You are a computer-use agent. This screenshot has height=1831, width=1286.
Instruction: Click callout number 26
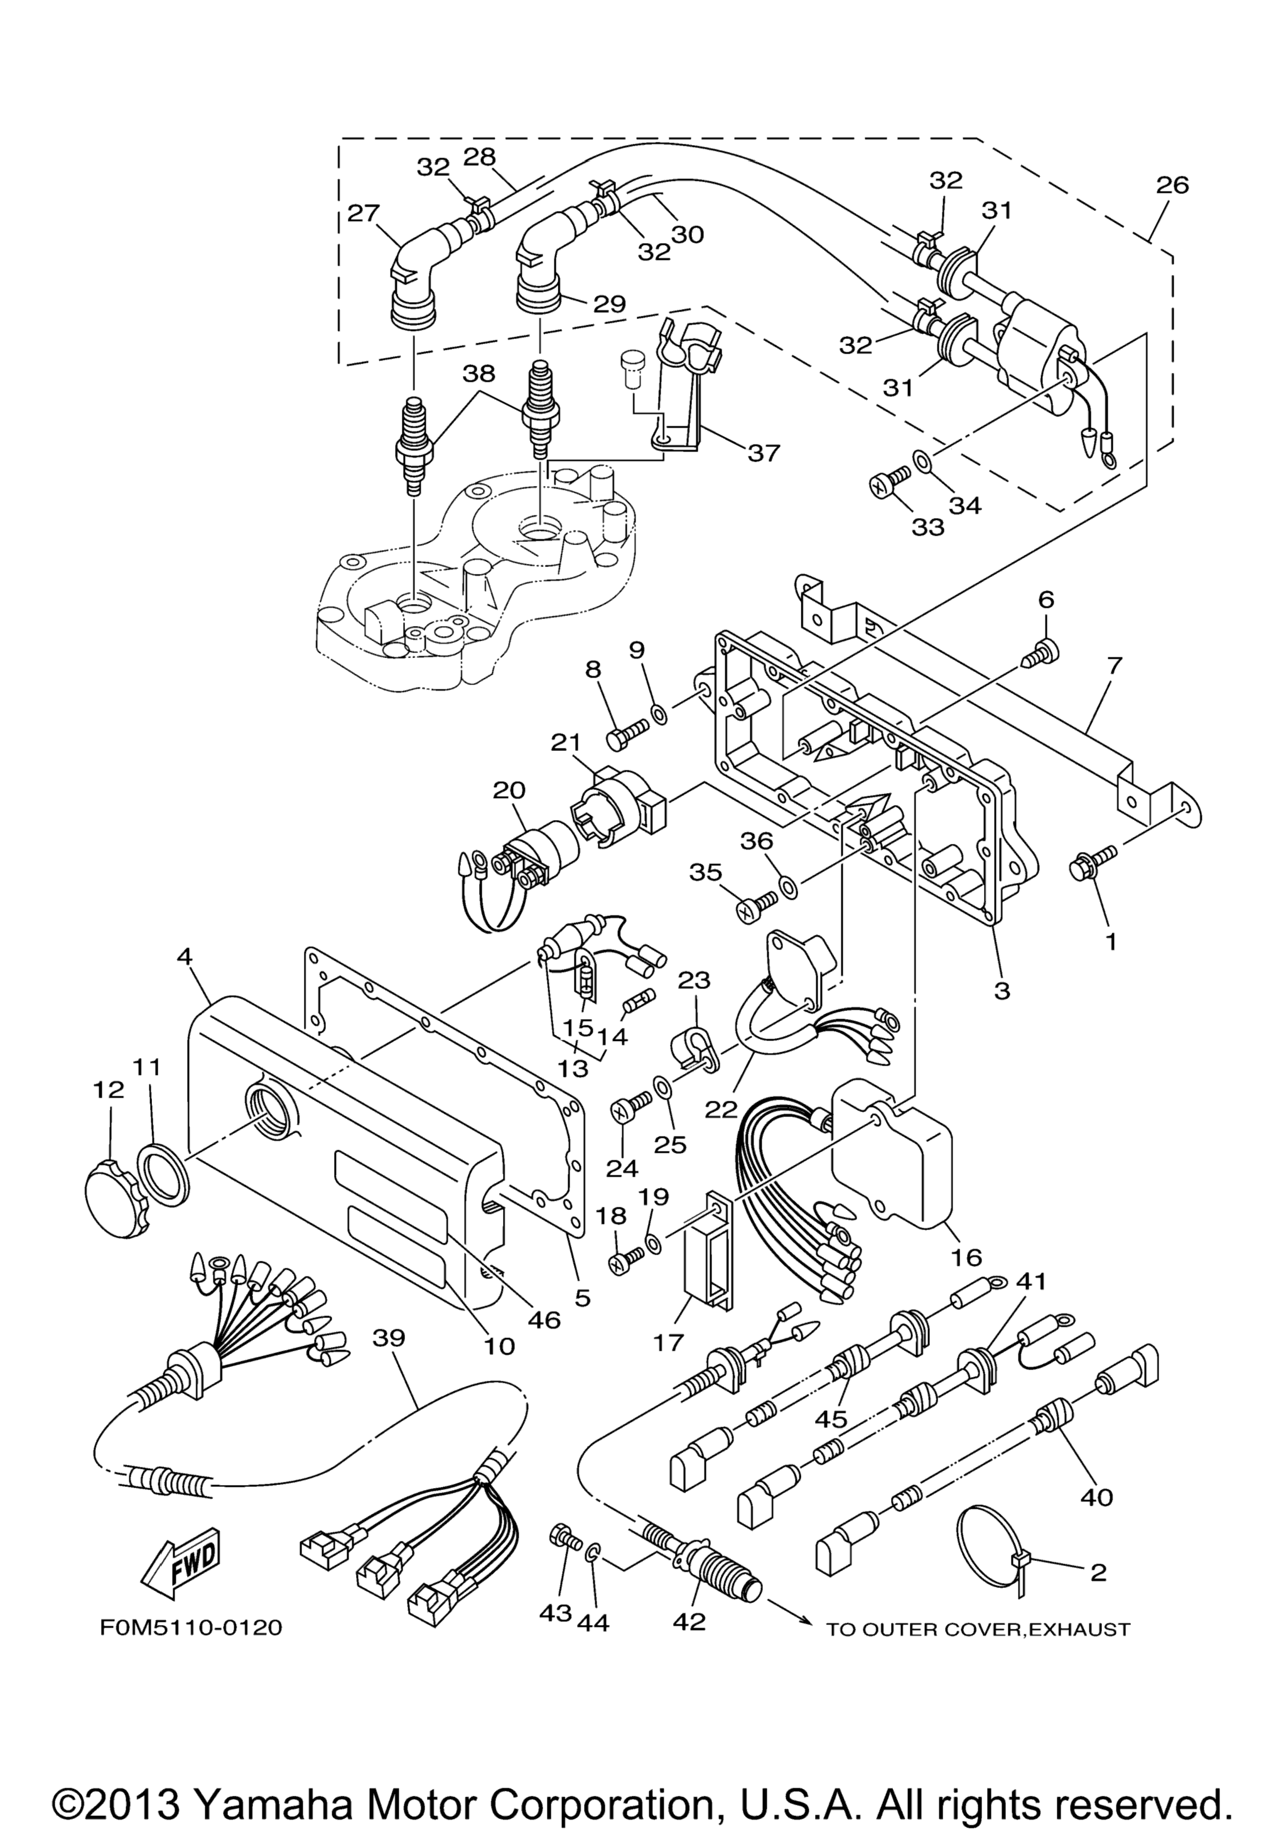point(1172,185)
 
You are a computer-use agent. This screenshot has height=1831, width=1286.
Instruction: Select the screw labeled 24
point(630,1110)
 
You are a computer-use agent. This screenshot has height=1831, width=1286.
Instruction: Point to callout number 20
point(509,791)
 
